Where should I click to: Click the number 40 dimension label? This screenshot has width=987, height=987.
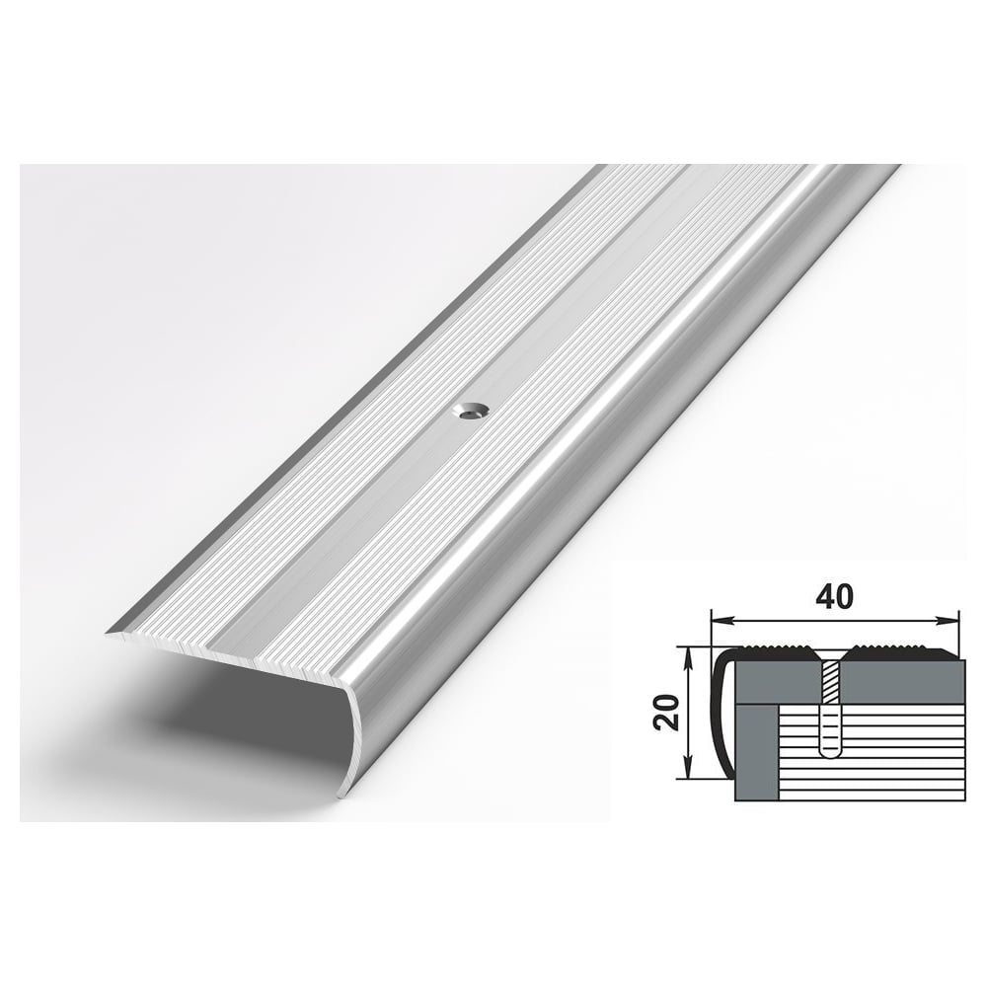(836, 597)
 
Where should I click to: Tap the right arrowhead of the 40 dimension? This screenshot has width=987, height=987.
(948, 622)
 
